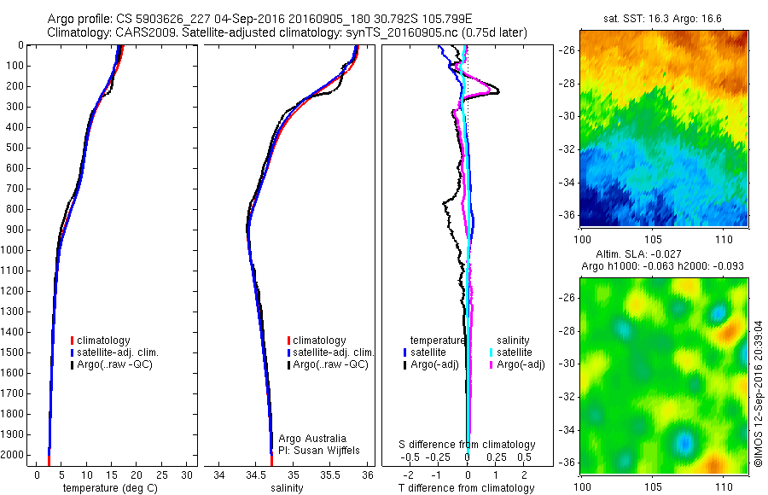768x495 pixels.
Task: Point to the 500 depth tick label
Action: click(x=15, y=148)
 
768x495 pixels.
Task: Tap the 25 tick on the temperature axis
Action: click(x=162, y=475)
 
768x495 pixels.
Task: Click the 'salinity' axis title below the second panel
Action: click(x=288, y=488)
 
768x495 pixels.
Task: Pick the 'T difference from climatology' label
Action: click(x=468, y=488)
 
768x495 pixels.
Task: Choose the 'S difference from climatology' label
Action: click(x=468, y=445)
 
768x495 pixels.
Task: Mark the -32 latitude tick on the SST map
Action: click(x=568, y=148)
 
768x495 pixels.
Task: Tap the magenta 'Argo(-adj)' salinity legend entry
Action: click(x=521, y=365)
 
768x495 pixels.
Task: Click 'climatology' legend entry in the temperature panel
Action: click(x=105, y=341)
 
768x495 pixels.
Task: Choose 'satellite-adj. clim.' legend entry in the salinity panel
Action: click(x=334, y=352)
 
